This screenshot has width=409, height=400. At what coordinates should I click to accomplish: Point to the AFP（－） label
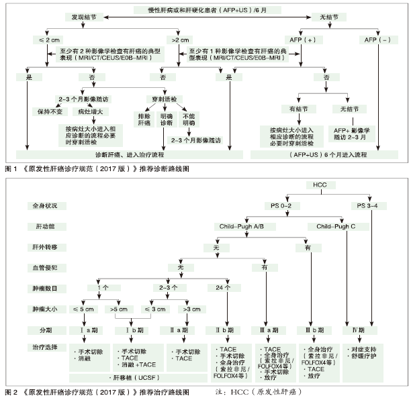(377, 40)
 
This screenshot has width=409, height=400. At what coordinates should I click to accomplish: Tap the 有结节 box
(298, 108)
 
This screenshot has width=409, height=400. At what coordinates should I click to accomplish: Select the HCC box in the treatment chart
(319, 185)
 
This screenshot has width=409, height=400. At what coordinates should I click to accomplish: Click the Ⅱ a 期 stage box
(178, 330)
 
